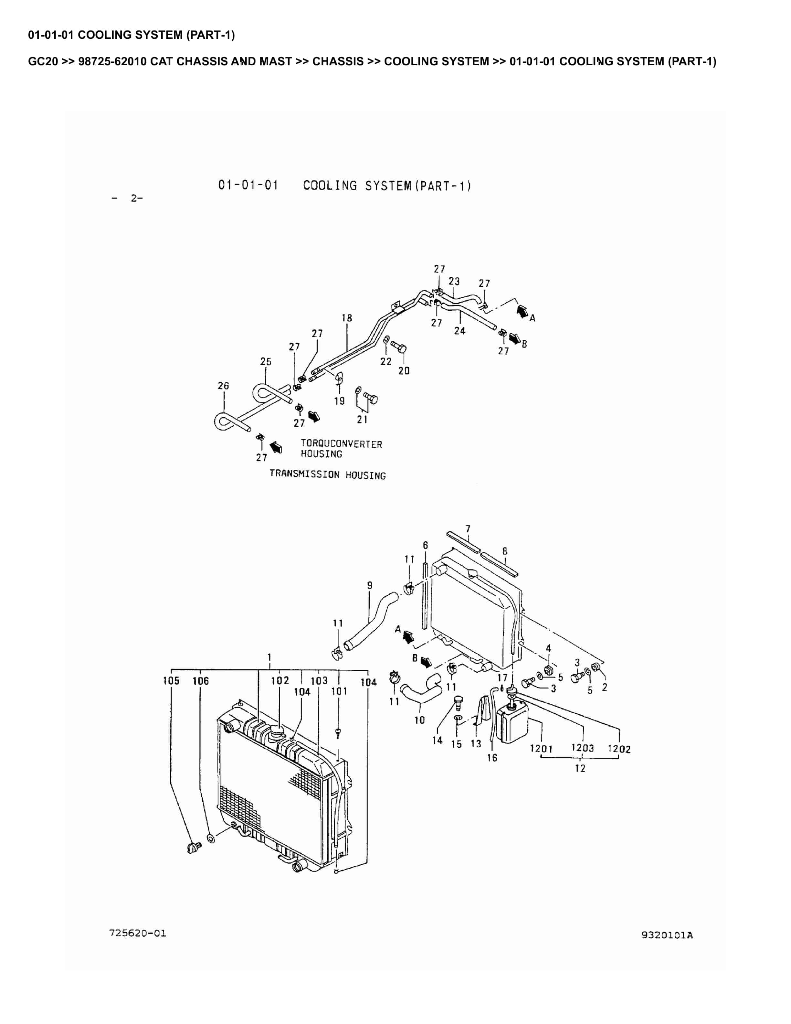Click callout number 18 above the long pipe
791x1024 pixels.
[347, 318]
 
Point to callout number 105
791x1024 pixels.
[171, 681]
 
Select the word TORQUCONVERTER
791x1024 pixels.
[341, 444]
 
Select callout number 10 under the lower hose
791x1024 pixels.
[419, 720]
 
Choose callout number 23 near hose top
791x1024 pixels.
[454, 281]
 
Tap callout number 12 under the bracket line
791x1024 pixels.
[580, 768]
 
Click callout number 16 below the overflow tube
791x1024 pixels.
[492, 758]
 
